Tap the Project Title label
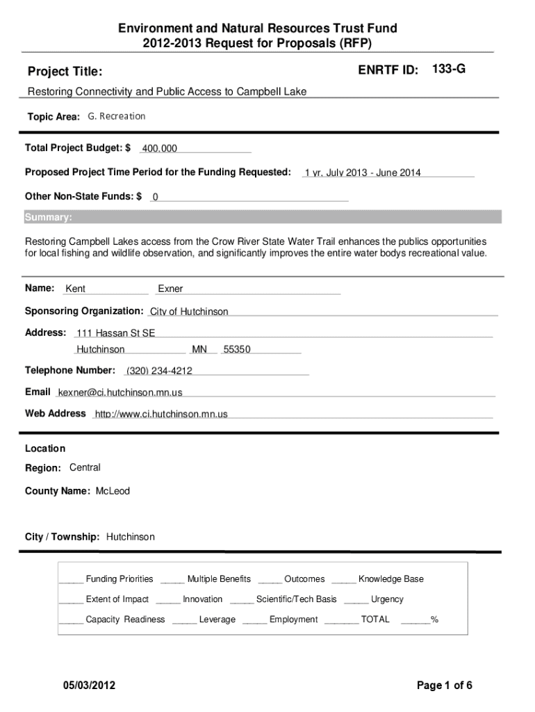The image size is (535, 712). point(65,72)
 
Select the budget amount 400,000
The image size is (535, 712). point(160,149)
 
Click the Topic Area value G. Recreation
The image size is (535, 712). point(117,116)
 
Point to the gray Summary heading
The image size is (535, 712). point(48,218)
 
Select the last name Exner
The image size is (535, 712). point(170,289)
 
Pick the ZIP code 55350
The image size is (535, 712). point(236,350)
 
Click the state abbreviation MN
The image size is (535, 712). point(199,350)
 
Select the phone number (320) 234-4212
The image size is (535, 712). point(159,371)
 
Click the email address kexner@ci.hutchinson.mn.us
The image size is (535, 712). point(120,393)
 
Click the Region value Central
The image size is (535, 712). point(85,467)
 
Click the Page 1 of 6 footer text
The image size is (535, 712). point(445,686)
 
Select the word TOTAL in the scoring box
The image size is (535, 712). point(375,620)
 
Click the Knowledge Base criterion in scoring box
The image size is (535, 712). point(390,579)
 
